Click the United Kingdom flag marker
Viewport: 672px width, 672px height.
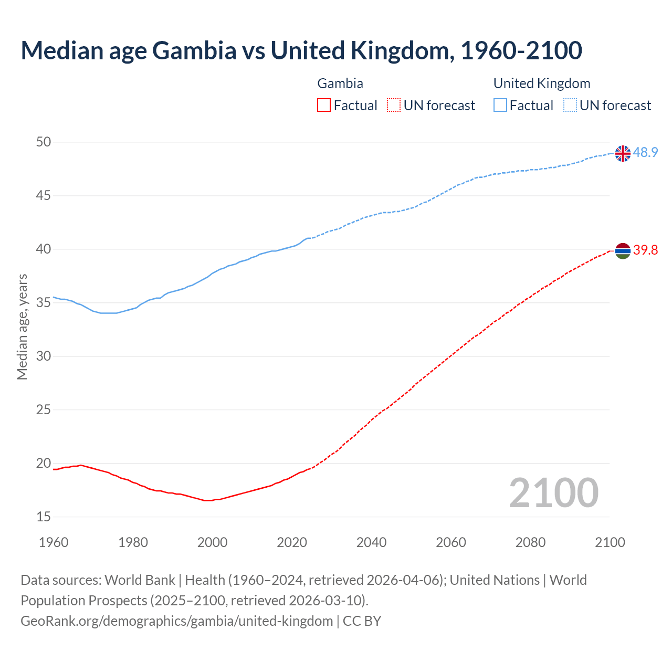(623, 153)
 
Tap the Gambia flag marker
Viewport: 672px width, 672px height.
(623, 251)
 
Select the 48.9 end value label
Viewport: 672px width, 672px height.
(645, 153)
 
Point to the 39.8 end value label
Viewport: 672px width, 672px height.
(645, 250)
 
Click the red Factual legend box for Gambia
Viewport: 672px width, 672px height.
(324, 106)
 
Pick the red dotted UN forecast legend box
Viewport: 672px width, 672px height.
(394, 106)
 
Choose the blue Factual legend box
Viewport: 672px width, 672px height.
(500, 106)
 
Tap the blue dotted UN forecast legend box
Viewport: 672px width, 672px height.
(570, 106)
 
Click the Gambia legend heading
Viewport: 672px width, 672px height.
(340, 83)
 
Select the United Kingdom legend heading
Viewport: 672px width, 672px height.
(542, 83)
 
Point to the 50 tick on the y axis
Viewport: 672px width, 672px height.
(44, 142)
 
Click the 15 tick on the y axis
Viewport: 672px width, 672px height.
(44, 517)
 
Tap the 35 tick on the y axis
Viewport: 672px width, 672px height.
(44, 303)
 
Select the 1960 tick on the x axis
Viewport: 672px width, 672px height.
(54, 542)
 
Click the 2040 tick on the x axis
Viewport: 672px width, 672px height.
(371, 542)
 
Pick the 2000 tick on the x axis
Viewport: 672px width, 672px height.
(212, 542)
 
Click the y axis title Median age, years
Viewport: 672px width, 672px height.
(22, 327)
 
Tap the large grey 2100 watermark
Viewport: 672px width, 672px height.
(553, 492)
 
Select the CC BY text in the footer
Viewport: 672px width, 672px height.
(362, 621)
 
